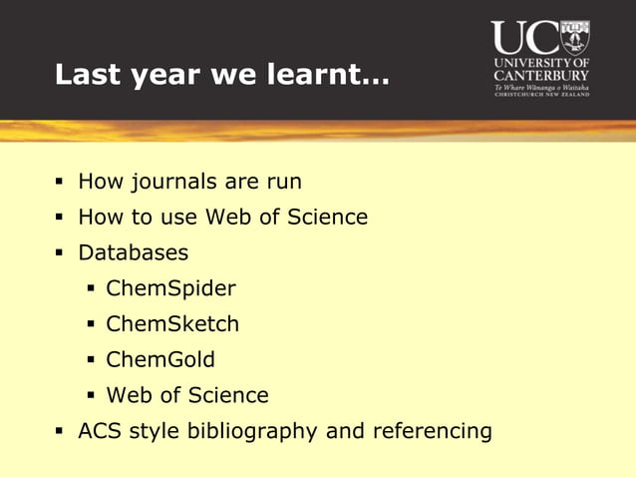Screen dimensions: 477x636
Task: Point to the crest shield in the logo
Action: (x=574, y=37)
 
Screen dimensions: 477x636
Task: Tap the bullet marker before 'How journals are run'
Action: (x=59, y=183)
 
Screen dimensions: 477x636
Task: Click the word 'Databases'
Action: (x=133, y=252)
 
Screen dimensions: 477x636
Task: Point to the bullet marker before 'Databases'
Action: (x=59, y=253)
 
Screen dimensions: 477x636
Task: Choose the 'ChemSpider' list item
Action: (x=170, y=288)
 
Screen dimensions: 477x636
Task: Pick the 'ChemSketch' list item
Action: (x=172, y=324)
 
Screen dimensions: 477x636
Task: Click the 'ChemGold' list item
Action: (x=160, y=359)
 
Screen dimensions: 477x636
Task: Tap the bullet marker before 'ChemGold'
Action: (x=90, y=360)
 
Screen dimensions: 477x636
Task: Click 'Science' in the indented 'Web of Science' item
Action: (x=231, y=395)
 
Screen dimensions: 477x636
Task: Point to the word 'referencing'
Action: (x=432, y=431)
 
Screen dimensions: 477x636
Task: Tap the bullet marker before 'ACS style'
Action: (x=59, y=432)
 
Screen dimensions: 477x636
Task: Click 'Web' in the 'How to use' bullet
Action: (x=227, y=217)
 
